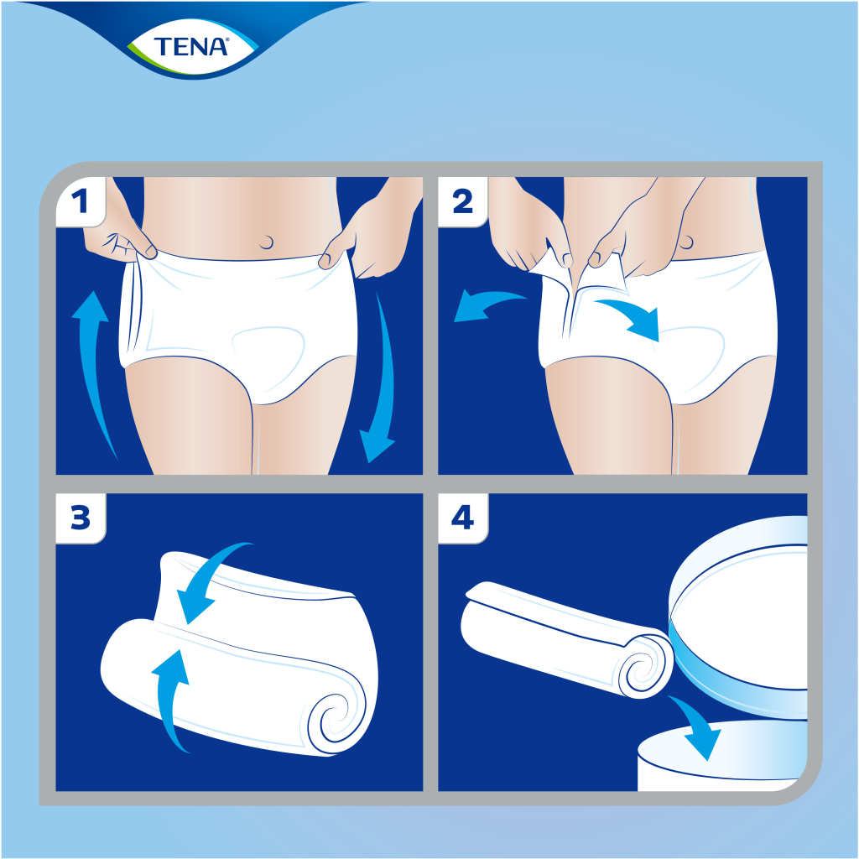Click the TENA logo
pos(191,45)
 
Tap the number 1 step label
pos(80,201)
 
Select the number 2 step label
pos(462,201)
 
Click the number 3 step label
pos(80,518)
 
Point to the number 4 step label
pos(462,518)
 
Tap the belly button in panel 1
pos(267,242)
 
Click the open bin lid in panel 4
pos(738,621)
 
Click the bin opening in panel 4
pos(721,751)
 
